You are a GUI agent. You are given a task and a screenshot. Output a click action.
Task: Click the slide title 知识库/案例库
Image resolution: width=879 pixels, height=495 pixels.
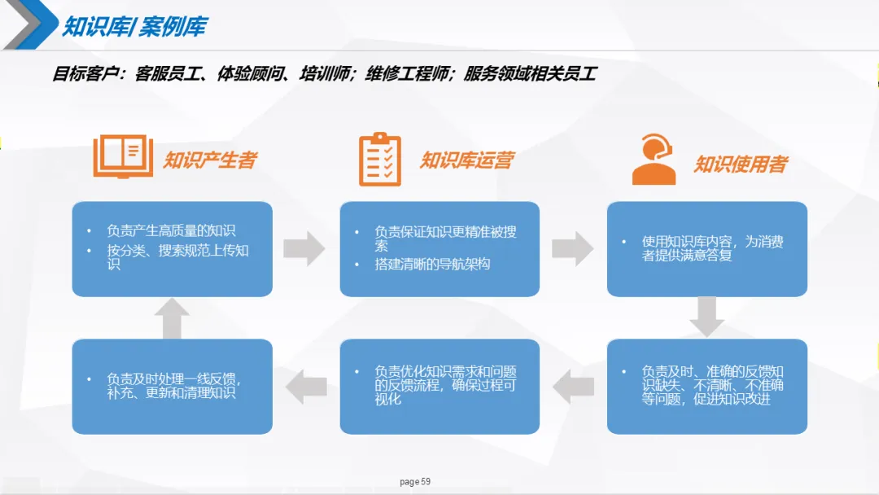tap(133, 26)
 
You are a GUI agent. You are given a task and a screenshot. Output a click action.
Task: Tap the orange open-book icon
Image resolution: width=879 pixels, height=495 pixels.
tap(123, 156)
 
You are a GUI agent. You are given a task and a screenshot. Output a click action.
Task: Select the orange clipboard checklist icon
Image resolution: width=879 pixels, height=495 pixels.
tap(380, 159)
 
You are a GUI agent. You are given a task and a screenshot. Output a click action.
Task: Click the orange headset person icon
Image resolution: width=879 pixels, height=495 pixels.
tap(654, 160)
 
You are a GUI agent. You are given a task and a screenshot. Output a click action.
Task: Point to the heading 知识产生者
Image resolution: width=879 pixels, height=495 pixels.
tap(210, 160)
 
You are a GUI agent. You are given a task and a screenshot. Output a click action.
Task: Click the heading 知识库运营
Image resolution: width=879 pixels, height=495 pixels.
tap(466, 160)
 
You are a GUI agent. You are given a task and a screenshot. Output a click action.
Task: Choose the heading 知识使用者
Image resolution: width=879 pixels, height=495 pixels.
tap(740, 164)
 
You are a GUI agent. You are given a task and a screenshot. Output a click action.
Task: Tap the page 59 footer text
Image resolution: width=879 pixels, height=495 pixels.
tap(415, 482)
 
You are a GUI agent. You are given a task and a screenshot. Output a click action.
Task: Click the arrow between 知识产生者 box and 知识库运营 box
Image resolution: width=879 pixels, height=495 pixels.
tap(304, 248)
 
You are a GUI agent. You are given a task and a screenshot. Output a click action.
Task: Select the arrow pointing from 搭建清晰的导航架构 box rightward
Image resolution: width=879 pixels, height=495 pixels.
tap(572, 248)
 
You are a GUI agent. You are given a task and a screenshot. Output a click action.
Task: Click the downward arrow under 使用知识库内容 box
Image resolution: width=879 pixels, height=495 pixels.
tap(706, 317)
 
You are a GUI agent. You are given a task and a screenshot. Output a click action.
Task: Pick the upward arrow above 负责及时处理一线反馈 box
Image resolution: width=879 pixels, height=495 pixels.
tap(172, 318)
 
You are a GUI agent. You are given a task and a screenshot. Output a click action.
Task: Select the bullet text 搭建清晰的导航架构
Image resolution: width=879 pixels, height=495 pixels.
tap(432, 264)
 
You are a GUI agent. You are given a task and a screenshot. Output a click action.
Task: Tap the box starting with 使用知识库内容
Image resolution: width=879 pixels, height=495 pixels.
tap(706, 248)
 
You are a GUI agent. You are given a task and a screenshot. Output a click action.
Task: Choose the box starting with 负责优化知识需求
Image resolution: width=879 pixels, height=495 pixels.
tap(439, 386)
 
